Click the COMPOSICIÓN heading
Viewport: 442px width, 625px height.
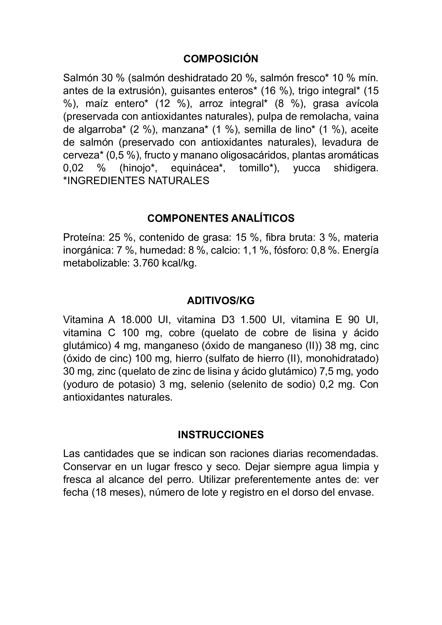point(221,59)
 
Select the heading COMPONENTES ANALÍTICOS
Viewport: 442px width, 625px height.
point(221,218)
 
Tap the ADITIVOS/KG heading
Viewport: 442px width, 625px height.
point(221,301)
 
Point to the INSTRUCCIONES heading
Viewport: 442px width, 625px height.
point(221,435)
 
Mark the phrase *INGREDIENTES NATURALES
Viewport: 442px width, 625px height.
point(136,181)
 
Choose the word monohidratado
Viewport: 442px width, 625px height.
point(342,359)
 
